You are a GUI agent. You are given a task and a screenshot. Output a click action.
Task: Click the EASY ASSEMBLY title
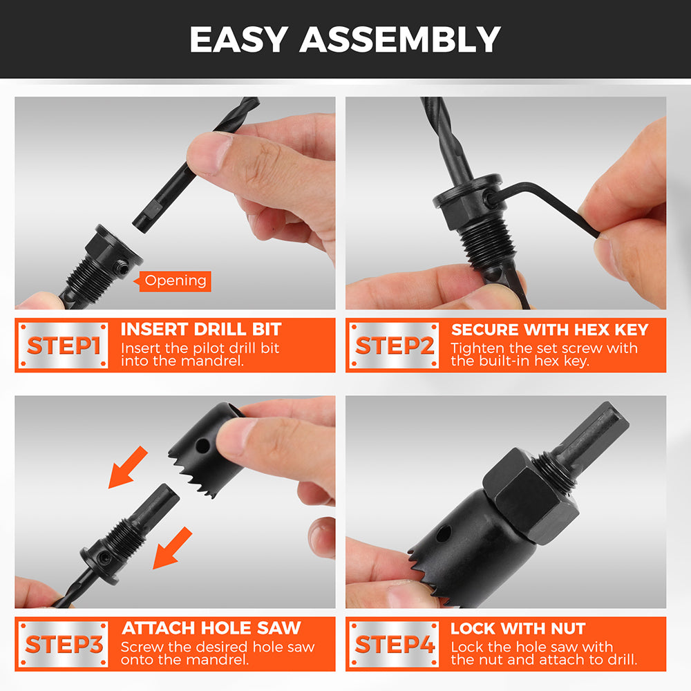coord(345,39)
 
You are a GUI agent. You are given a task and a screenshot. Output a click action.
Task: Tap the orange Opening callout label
coord(175,281)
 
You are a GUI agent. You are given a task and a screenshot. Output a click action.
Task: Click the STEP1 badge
coord(63,345)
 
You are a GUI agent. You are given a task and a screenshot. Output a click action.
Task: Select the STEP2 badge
coord(394,345)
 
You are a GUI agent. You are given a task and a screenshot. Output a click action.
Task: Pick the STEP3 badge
coord(63,644)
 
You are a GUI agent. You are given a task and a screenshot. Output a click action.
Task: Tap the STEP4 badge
coord(394,644)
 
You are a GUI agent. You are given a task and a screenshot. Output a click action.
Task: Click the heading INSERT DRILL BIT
coord(201,329)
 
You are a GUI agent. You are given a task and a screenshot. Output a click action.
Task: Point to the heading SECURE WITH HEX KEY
coord(549,330)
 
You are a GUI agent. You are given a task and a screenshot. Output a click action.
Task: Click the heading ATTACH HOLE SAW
coord(211,628)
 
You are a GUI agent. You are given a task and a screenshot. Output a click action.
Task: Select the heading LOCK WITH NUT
coord(518,629)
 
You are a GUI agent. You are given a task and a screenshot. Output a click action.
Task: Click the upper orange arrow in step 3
coord(129,466)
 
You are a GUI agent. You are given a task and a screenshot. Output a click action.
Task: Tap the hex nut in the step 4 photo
coord(531,496)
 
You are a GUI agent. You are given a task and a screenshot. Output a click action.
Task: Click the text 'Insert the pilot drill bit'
coord(200,348)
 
